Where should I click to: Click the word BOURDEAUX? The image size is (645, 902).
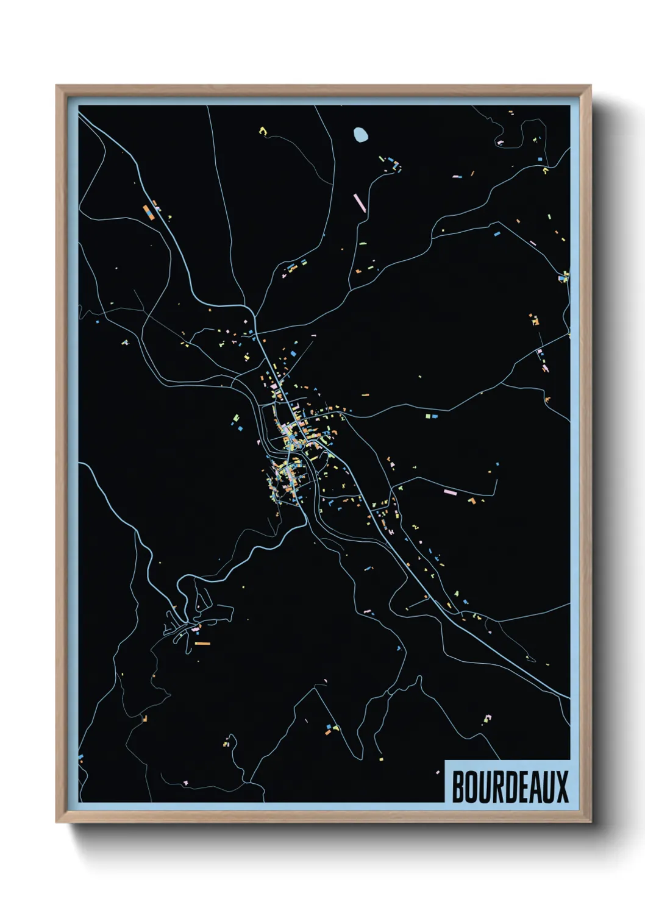pyautogui.click(x=510, y=787)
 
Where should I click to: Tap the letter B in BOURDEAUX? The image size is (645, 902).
pyautogui.click(x=458, y=787)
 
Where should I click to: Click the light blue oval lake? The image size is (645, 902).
pyautogui.click(x=360, y=134)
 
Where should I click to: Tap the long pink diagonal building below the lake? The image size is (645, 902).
pyautogui.click(x=359, y=202)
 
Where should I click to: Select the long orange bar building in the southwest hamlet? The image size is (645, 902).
pyautogui.click(x=202, y=643)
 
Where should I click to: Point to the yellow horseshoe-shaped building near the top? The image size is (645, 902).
pyautogui.click(x=263, y=130)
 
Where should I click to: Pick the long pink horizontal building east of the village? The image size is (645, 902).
pyautogui.click(x=451, y=492)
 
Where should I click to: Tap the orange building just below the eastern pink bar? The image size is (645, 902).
pyautogui.click(x=471, y=500)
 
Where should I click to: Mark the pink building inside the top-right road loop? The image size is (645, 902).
pyautogui.click(x=501, y=143)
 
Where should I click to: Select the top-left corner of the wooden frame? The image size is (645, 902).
pyautogui.click(x=57, y=86)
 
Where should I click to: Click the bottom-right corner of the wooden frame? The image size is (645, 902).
pyautogui.click(x=590, y=822)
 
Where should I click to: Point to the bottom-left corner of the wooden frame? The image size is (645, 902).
pyautogui.click(x=57, y=822)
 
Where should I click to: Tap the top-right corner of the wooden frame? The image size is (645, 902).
pyautogui.click(x=590, y=86)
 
